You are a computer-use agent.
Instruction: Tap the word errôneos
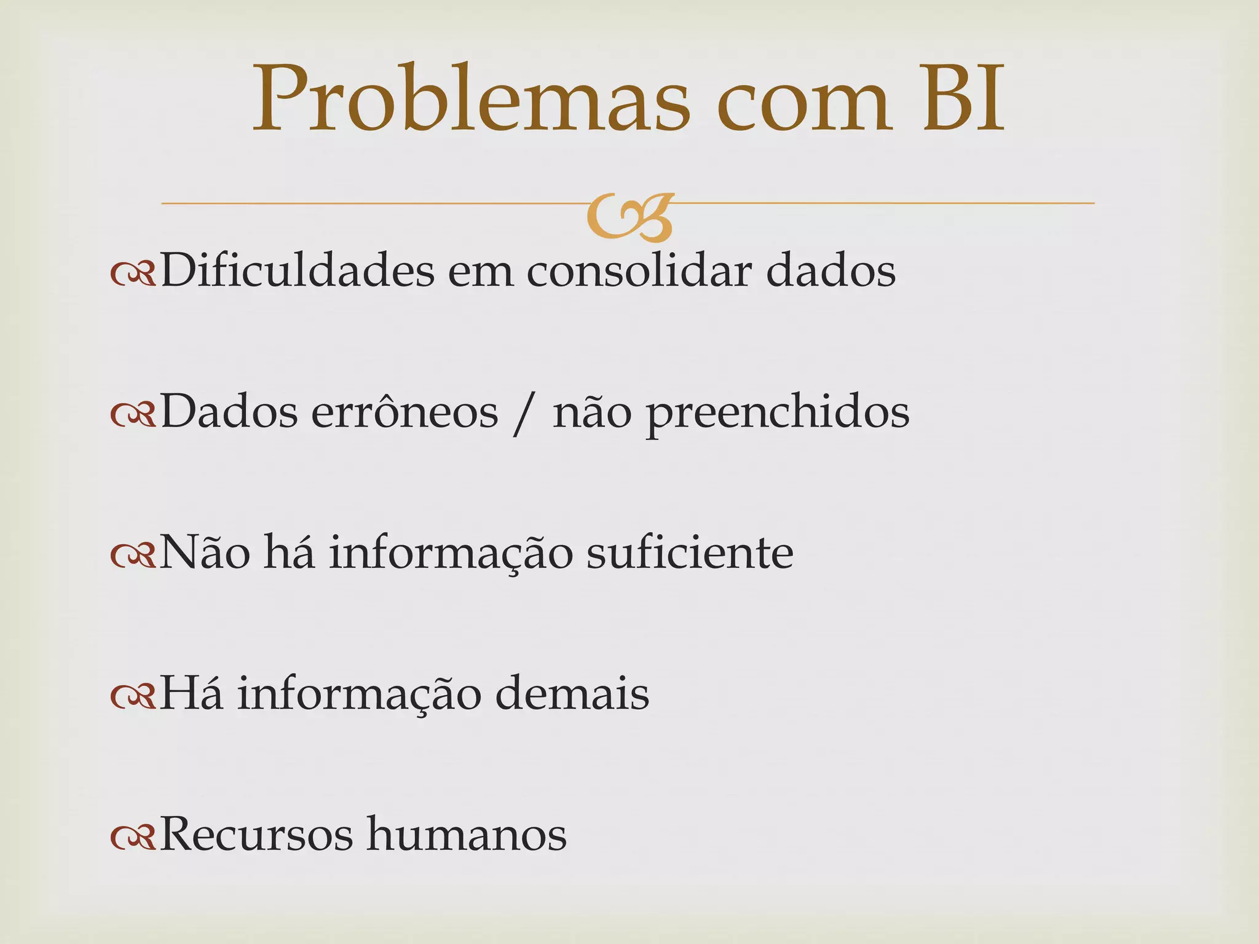click(405, 412)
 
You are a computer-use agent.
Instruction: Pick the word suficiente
click(690, 553)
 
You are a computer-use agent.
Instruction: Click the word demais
click(572, 693)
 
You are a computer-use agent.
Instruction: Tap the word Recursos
click(256, 835)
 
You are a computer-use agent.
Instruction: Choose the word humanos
click(467, 835)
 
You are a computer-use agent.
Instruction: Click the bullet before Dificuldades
click(133, 275)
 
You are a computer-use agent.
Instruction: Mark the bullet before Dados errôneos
click(133, 416)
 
